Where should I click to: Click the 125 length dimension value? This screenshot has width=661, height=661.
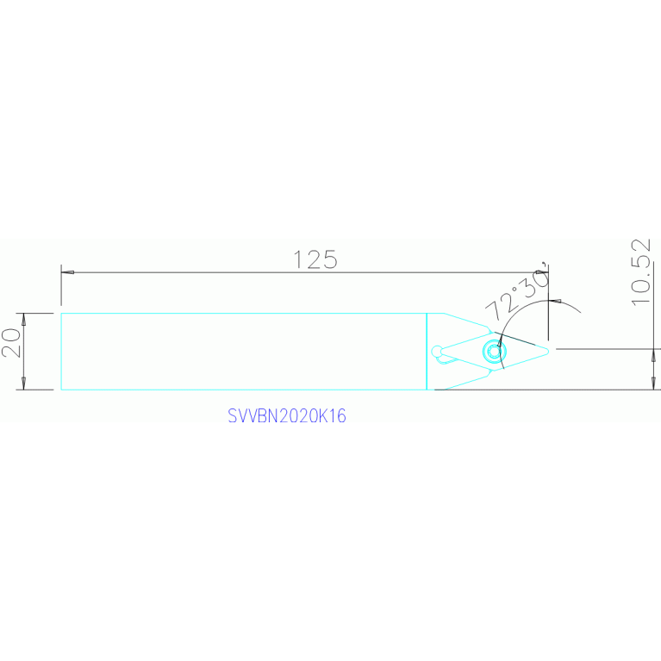tap(315, 259)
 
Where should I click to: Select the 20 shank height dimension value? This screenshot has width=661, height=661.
tap(11, 343)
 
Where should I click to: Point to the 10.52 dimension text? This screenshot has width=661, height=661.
tap(641, 272)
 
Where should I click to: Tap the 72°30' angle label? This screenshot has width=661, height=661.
tap(517, 291)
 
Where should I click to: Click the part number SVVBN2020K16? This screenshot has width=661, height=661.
tap(287, 415)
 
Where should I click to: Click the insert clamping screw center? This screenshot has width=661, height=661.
tap(494, 351)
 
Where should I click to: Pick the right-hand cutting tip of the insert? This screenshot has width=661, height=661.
tap(548, 351)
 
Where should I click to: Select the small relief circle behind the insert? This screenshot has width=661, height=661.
tap(437, 351)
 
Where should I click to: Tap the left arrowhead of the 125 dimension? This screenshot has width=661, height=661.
tap(67, 272)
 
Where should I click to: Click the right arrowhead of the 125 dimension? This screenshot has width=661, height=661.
tap(542, 272)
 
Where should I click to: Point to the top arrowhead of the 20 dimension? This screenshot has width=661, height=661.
tap(23, 320)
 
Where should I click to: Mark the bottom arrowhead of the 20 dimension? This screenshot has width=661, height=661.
tap(23, 384)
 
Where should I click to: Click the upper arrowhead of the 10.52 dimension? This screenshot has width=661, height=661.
tap(654, 355)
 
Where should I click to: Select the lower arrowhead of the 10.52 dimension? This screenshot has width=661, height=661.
tap(654, 384)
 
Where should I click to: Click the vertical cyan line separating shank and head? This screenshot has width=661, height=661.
tap(427, 352)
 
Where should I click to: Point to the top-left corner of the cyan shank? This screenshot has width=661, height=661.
tap(61, 313)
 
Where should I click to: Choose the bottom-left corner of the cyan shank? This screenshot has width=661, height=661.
tap(61, 390)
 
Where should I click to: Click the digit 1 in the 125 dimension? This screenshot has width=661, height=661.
tap(296, 259)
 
